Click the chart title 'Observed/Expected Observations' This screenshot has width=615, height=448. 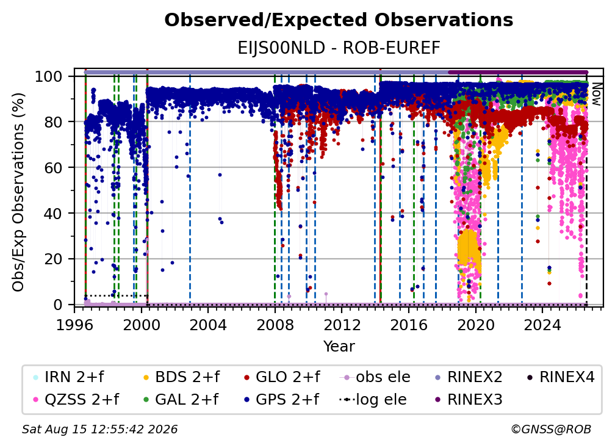pos(339,20)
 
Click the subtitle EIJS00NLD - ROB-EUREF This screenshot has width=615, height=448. pos(339,48)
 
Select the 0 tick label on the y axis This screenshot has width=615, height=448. pos(58,305)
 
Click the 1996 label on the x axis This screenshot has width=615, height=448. pos(74,325)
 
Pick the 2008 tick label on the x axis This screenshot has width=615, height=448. pos(275,325)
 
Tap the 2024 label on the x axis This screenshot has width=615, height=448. pos(542,325)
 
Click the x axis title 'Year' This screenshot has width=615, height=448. pos(339,347)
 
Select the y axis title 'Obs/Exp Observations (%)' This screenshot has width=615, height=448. pos(18,192)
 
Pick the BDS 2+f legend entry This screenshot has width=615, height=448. pos(182,377)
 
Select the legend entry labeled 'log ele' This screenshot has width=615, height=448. pos(373,399)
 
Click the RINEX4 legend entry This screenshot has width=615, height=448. pos(561,377)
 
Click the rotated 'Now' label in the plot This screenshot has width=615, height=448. pos(596,95)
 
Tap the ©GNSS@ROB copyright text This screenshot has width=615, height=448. pos(551,429)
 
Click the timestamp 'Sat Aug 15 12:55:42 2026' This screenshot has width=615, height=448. pos(99,429)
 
